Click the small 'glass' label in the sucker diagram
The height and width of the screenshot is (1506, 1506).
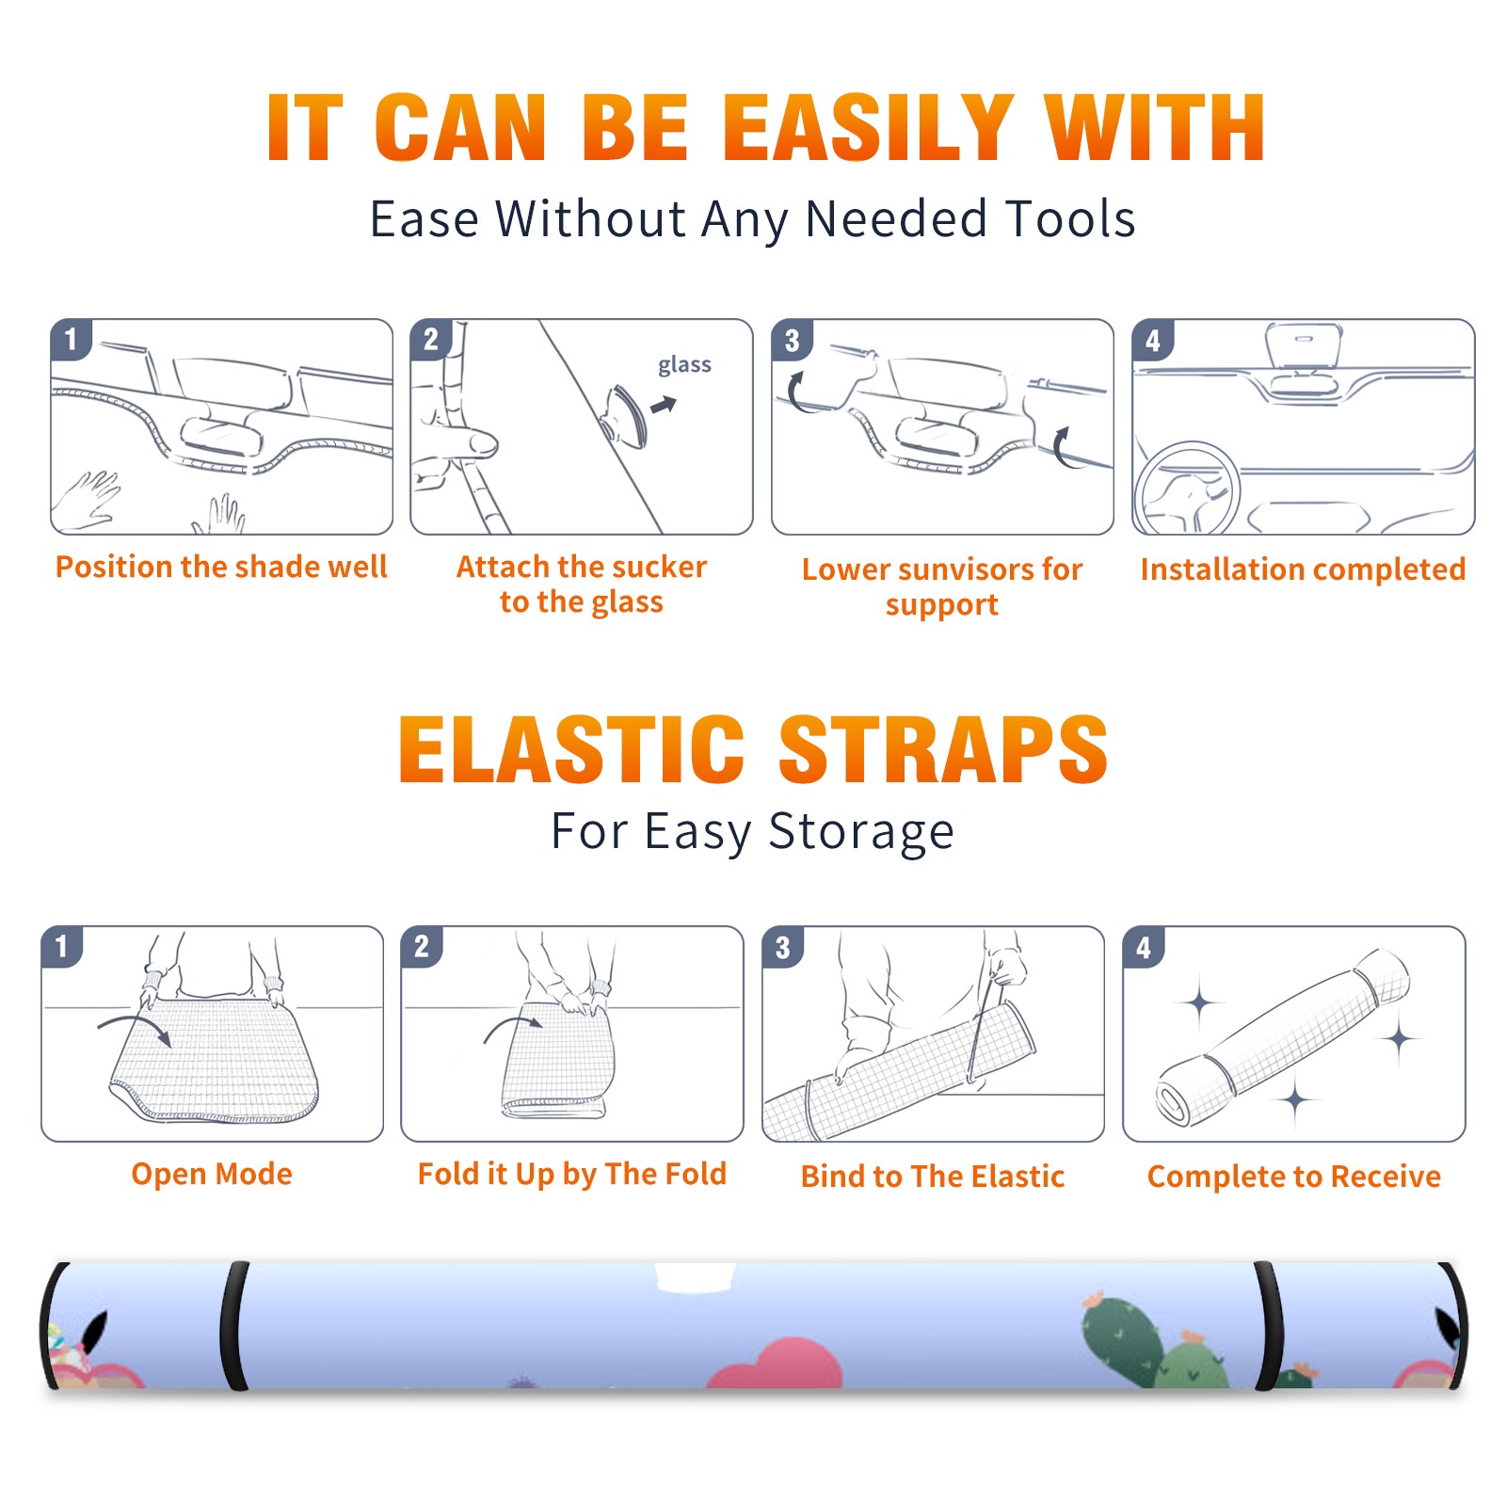pos(684,365)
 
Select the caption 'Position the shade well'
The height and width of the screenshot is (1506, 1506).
pos(221,567)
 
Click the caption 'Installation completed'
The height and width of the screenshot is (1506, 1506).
pos(1303,569)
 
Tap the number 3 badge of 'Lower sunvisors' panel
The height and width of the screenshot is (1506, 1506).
pos(792,340)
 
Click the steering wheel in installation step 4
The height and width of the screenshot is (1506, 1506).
pos(1187,489)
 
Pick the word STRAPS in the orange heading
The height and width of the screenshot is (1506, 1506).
pos(943,749)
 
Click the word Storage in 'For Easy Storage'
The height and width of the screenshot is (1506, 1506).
pos(861,832)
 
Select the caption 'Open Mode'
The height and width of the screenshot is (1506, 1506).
pos(212,1174)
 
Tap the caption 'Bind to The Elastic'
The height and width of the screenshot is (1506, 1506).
pos(933,1177)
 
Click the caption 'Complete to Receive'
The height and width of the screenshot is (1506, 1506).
pos(1294,1177)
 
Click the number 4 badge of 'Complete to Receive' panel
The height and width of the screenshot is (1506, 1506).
pos(1144,947)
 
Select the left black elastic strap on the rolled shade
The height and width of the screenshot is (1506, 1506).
pos(233,1326)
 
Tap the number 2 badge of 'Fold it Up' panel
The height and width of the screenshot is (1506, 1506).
pos(421,947)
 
